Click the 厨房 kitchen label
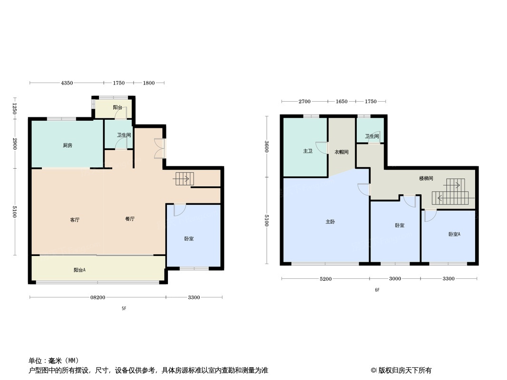click(x=68, y=145)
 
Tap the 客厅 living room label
click(x=75, y=219)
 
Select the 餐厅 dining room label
click(x=130, y=219)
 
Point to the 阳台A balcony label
click(x=79, y=270)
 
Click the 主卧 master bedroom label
click(x=331, y=222)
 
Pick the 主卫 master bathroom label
click(x=308, y=151)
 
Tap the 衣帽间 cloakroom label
click(x=341, y=152)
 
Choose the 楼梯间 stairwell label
click(x=426, y=179)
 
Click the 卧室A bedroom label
click(x=454, y=234)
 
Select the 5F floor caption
click(x=124, y=308)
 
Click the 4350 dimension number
click(x=67, y=83)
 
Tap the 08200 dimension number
click(x=97, y=297)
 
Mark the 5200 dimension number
click(x=325, y=279)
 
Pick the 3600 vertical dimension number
click(x=267, y=147)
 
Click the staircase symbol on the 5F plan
click(x=184, y=179)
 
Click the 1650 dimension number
click(x=341, y=102)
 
